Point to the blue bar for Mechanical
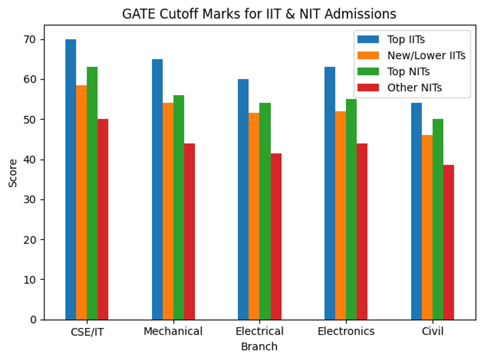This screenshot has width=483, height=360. click(x=157, y=189)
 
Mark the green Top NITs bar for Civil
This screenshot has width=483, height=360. click(x=438, y=219)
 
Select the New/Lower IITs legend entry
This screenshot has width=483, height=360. click(x=426, y=56)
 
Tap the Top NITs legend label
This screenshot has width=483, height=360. click(x=408, y=72)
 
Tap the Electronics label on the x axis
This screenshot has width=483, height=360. click(x=346, y=331)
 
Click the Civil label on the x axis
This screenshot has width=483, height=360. click(x=433, y=331)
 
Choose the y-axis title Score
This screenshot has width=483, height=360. click(x=13, y=173)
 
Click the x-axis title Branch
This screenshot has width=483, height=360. click(x=259, y=346)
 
